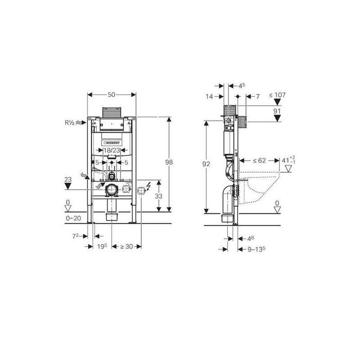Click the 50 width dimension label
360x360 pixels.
pos(111,94)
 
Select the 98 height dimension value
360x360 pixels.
pos(169,162)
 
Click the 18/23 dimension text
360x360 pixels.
pos(112,150)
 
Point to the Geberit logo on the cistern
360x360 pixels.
pos(112,143)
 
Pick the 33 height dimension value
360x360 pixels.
pos(159,196)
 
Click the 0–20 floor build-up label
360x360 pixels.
pos(73,218)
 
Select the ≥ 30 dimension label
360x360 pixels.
pos(126,247)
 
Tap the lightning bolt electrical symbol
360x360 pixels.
pos(148,186)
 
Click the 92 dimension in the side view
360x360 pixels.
pos(206,164)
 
